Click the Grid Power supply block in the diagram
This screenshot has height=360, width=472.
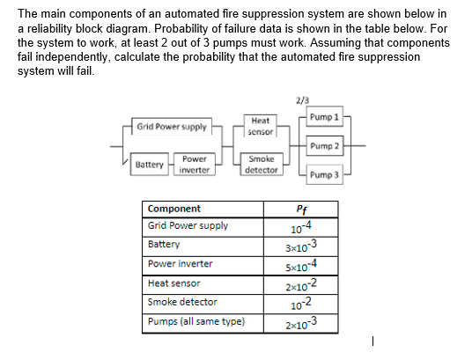(x=172, y=127)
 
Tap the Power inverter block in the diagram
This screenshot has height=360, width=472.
(x=194, y=165)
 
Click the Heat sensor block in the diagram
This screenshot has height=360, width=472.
(x=260, y=126)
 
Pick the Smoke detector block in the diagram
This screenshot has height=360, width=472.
(x=261, y=164)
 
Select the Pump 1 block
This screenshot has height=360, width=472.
(x=324, y=118)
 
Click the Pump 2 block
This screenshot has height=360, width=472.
(x=324, y=145)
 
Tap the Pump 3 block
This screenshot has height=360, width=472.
(x=324, y=175)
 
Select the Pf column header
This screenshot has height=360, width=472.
(x=303, y=209)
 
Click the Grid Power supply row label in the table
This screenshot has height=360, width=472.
(x=188, y=225)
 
